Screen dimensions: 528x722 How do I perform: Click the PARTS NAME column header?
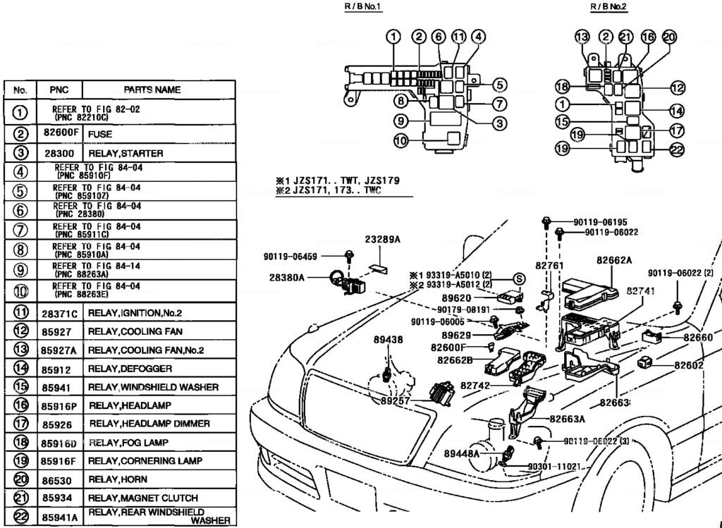click(x=152, y=90)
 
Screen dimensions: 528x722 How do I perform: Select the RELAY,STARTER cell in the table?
click(x=126, y=153)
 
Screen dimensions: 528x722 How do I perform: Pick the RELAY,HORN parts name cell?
click(x=116, y=479)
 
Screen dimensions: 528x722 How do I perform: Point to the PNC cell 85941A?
click(x=59, y=517)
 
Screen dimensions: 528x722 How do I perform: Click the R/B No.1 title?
click(x=362, y=6)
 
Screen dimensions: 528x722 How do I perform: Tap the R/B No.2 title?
click(x=608, y=6)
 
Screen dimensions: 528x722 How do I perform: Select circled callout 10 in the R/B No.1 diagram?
click(x=400, y=141)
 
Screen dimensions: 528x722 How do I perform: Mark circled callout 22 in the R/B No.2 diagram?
click(x=677, y=149)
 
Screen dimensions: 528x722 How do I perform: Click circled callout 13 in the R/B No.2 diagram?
click(x=582, y=37)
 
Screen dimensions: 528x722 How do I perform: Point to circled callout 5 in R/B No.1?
click(x=499, y=85)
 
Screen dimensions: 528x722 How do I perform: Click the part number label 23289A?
click(x=382, y=240)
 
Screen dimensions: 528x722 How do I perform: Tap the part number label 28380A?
click(x=286, y=278)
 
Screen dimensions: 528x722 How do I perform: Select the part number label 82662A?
click(x=613, y=260)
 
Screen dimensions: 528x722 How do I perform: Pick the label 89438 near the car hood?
click(x=388, y=340)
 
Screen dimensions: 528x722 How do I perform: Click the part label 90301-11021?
click(x=553, y=467)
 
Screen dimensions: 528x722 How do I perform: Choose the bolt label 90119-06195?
click(x=601, y=221)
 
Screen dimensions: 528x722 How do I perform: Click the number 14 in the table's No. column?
click(x=21, y=367)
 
